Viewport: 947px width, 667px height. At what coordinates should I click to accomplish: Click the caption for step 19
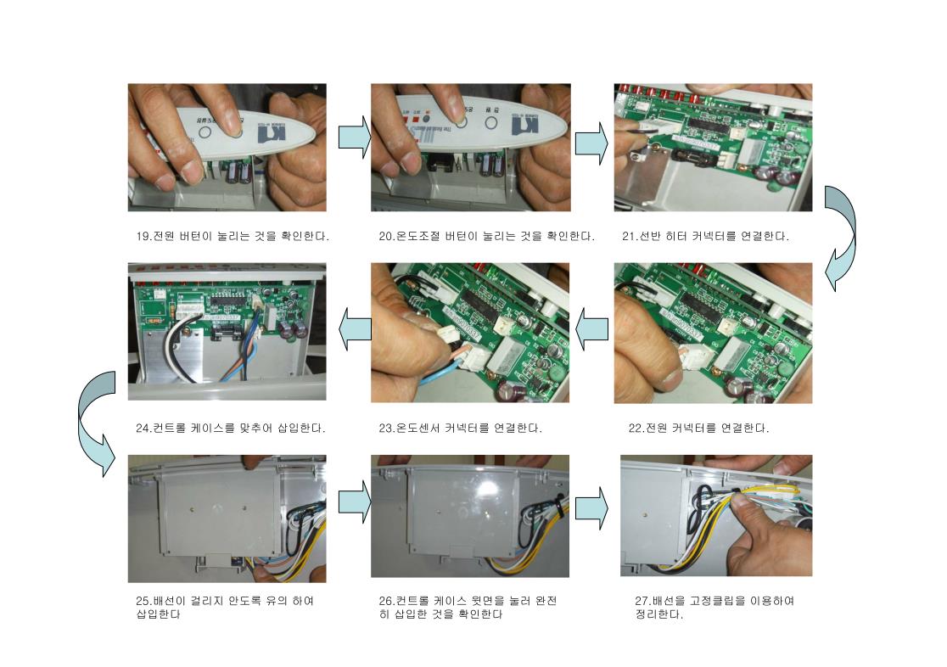[233, 236]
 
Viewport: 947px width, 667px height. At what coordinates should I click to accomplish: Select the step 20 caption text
[487, 236]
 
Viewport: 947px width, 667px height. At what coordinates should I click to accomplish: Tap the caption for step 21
[705, 236]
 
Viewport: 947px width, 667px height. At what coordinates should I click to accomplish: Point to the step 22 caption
[698, 428]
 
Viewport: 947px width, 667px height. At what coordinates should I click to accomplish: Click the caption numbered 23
[460, 428]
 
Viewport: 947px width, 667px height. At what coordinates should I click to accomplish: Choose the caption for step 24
[230, 428]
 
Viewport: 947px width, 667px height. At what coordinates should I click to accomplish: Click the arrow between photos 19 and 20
[355, 137]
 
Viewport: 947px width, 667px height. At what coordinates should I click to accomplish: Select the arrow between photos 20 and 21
[591, 143]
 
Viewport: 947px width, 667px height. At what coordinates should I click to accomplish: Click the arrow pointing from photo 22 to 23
[592, 329]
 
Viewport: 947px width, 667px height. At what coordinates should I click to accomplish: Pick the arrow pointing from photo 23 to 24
[355, 329]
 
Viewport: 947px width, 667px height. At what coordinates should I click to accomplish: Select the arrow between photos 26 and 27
[591, 508]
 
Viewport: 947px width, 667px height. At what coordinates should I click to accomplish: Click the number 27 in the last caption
[642, 601]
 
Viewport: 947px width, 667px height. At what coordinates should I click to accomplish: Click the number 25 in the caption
[143, 601]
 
